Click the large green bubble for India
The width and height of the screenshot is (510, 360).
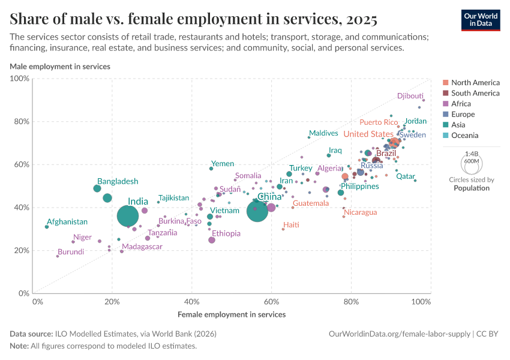(x=130, y=217)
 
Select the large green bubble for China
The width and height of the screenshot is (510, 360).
(x=257, y=211)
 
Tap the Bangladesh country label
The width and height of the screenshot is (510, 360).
(x=118, y=181)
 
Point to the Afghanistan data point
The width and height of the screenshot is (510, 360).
(x=47, y=226)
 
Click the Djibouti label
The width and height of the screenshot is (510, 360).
(x=410, y=96)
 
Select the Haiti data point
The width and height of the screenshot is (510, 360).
(x=283, y=229)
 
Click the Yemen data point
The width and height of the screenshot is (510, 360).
(x=211, y=169)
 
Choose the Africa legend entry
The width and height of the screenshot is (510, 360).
(x=461, y=104)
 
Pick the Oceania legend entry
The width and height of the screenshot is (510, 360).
(x=465, y=136)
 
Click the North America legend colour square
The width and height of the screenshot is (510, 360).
(x=445, y=83)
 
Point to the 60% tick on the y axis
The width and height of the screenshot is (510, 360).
(x=21, y=164)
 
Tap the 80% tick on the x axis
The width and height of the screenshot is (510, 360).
(x=352, y=301)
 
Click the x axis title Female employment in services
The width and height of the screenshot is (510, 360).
(x=232, y=314)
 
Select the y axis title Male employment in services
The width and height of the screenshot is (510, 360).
(x=59, y=66)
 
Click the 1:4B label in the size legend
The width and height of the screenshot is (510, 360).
(x=472, y=154)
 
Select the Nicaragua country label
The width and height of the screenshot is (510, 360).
(x=360, y=212)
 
